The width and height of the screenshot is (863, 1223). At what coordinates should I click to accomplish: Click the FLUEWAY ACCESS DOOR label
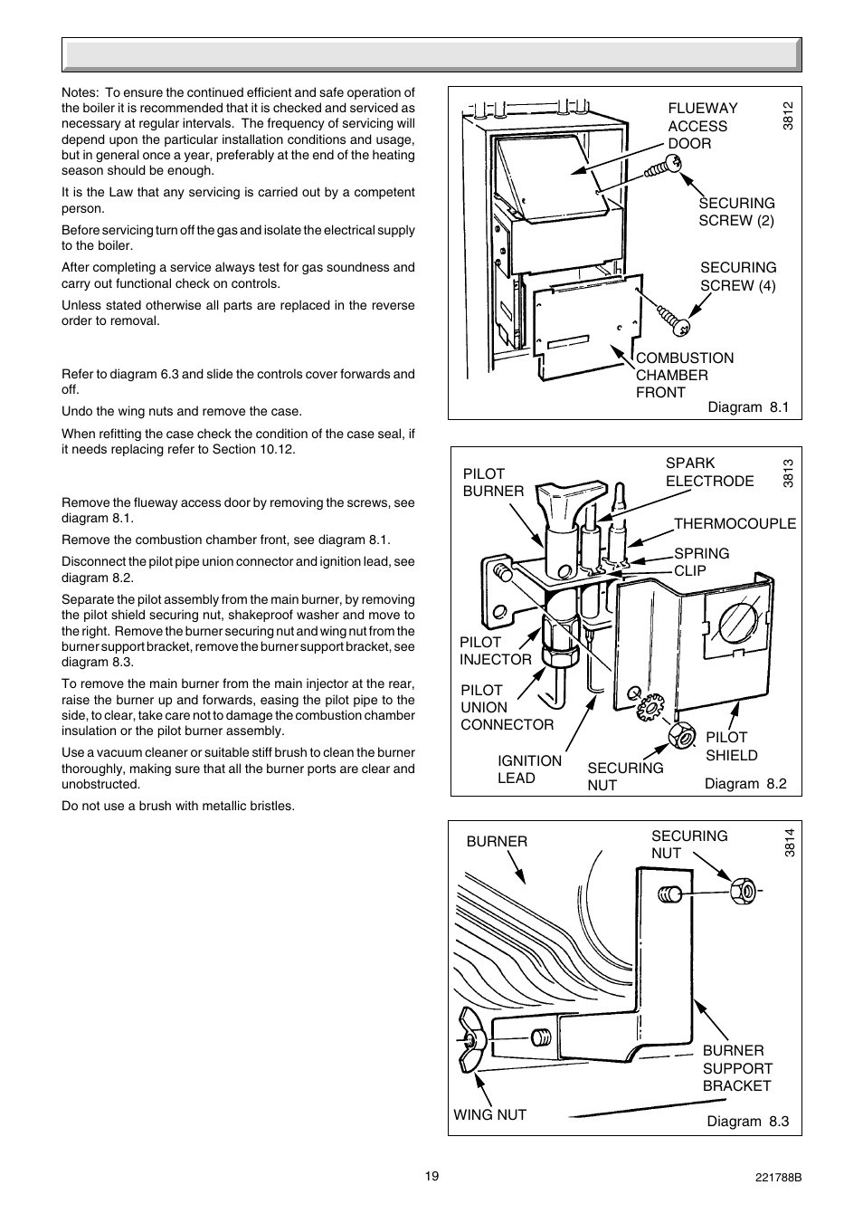pyautogui.click(x=702, y=126)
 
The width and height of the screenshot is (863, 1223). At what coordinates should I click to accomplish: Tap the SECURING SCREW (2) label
pyautogui.click(x=736, y=212)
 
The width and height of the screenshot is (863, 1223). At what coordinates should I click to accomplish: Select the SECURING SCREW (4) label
pyautogui.click(x=738, y=276)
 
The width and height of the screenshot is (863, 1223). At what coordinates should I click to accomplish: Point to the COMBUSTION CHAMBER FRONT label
pyautogui.click(x=684, y=375)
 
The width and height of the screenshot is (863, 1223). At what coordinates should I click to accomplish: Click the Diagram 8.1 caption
pyautogui.click(x=748, y=407)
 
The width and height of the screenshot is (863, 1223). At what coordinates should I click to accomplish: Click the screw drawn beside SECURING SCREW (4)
pyautogui.click(x=675, y=320)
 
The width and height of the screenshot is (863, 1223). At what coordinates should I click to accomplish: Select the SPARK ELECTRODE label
pyautogui.click(x=709, y=472)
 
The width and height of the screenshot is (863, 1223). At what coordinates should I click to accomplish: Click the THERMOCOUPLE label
pyautogui.click(x=735, y=523)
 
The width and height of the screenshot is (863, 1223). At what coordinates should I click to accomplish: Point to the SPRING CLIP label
pyautogui.click(x=701, y=561)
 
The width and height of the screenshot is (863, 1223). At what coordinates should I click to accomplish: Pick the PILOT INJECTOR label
pyautogui.click(x=495, y=651)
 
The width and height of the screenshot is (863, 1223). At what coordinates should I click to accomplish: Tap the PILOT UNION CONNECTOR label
pyautogui.click(x=507, y=707)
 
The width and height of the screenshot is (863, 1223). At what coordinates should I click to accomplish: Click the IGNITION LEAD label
pyautogui.click(x=529, y=769)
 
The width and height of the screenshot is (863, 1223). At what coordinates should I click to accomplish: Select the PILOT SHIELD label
pyautogui.click(x=731, y=746)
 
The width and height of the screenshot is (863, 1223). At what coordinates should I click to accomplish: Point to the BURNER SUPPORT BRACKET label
pyautogui.click(x=737, y=1068)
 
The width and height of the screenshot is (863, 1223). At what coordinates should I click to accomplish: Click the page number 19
pyautogui.click(x=431, y=1176)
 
